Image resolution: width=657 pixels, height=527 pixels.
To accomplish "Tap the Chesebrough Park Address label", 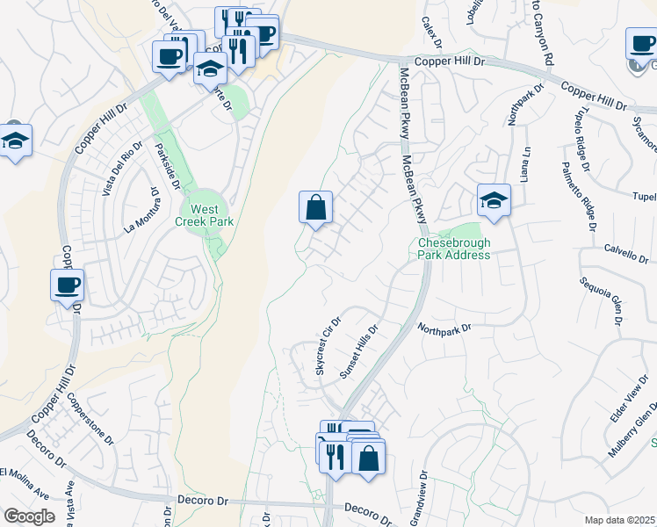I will pos(453,248).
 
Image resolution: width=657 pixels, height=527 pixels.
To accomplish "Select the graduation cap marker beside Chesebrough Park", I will pos(494,200).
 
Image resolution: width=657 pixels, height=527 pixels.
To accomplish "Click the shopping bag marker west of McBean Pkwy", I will pos(315,208).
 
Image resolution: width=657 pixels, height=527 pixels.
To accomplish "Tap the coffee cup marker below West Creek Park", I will pos(68,285).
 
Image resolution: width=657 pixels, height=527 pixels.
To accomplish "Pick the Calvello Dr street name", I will pos(625,253).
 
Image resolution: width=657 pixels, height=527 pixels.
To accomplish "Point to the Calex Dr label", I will pos(430,32).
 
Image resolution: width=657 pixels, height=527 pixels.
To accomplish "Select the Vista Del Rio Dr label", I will pos(123,167).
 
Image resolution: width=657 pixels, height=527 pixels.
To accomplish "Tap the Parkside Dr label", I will pos(167,166).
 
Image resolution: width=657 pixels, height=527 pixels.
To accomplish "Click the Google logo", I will pos(29,516).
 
